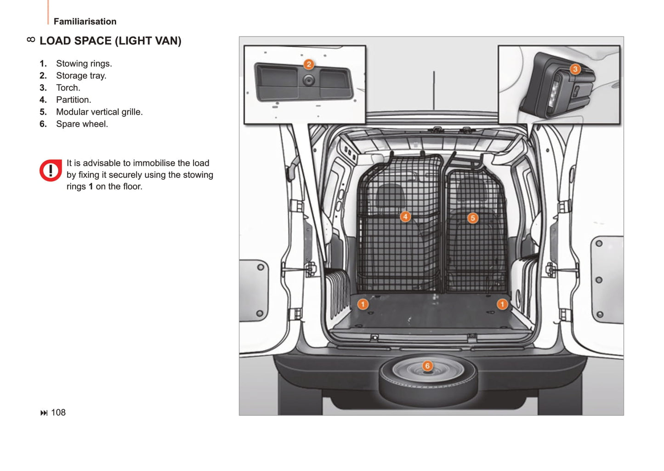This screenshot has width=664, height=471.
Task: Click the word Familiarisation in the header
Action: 85,21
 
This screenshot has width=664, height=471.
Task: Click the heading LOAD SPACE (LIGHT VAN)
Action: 110,41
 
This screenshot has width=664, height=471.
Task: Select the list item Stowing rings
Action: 84,63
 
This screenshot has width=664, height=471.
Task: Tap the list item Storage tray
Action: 81,76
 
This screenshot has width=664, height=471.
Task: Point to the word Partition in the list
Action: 73,100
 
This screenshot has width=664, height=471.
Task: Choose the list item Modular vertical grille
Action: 99,112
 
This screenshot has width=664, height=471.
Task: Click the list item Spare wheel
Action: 82,124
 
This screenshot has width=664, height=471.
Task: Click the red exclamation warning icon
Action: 51,170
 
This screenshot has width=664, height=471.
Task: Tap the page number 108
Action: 58,412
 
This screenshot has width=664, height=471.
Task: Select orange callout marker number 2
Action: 309,64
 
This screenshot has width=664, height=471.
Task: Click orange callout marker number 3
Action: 575,69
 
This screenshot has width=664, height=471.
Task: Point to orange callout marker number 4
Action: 405,217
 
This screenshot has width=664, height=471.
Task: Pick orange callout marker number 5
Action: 473,219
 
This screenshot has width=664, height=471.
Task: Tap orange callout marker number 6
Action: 427,366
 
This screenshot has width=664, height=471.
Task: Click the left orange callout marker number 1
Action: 363,304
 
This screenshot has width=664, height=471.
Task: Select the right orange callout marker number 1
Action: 502,304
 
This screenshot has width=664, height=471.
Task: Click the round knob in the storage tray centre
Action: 309,80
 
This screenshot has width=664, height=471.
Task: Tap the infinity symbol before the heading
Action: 31,39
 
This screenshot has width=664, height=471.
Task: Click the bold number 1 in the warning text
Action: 91,187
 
